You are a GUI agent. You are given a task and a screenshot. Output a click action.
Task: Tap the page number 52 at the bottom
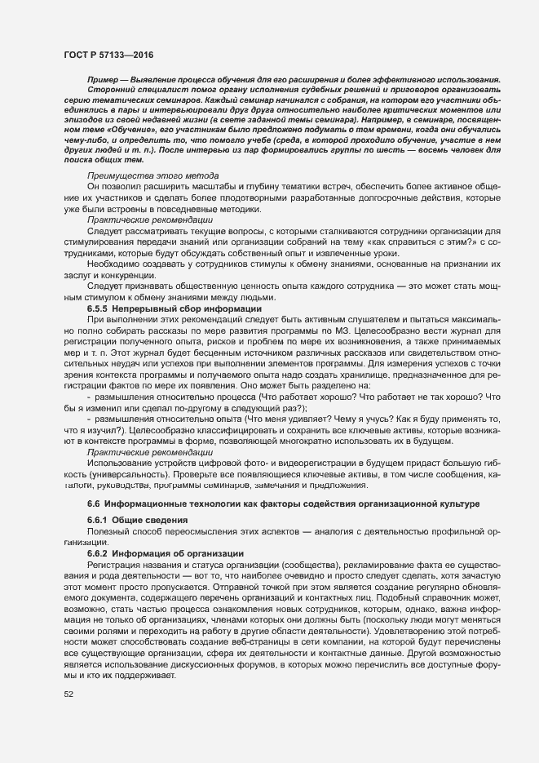pyautogui.click(x=68, y=694)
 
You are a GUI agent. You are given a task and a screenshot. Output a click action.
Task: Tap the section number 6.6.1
pyautogui.click(x=99, y=520)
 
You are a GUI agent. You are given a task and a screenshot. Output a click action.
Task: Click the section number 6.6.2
pyautogui.click(x=99, y=552)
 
